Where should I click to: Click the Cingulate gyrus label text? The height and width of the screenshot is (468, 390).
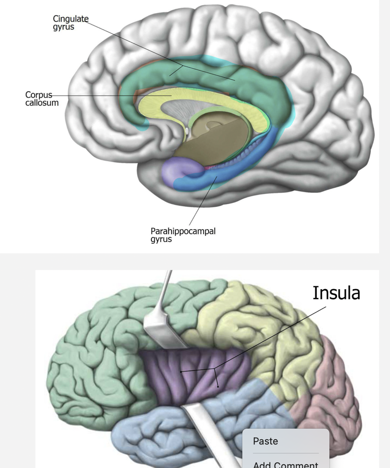click(70, 23)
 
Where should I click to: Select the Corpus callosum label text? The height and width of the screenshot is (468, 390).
click(42, 98)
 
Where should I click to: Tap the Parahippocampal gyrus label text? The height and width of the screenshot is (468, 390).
click(183, 234)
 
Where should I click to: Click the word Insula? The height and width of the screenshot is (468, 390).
click(336, 293)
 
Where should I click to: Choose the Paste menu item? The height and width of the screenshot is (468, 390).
click(265, 441)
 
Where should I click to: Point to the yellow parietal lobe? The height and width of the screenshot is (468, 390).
click(257, 322)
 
